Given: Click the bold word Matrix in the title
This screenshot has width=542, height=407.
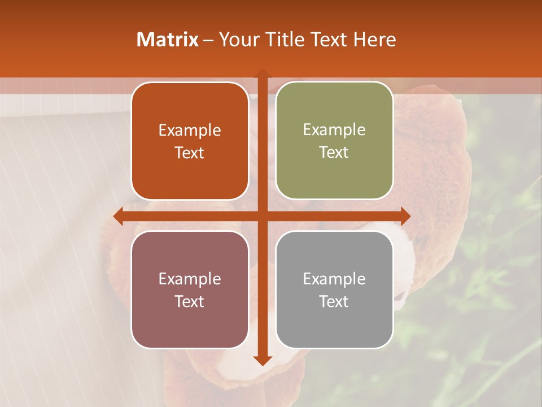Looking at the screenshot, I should pyautogui.click(x=167, y=40).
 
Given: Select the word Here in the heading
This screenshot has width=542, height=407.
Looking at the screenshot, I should pyautogui.click(x=375, y=40).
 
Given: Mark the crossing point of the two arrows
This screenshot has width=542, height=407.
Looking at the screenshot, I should pyautogui.click(x=262, y=216).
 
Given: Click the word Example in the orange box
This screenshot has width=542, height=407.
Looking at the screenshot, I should pyautogui.click(x=190, y=131).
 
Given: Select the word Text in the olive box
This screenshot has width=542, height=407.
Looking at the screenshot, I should pyautogui.click(x=334, y=153).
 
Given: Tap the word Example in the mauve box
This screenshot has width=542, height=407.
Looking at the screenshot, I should pyautogui.click(x=190, y=279).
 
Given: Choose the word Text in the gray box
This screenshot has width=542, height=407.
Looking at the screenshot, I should pyautogui.click(x=334, y=302).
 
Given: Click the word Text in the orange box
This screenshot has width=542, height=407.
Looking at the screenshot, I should pyautogui.click(x=190, y=153).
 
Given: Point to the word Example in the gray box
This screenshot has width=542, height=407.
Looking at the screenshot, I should pyautogui.click(x=334, y=279).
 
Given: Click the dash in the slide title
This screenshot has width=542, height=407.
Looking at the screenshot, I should pyautogui.click(x=208, y=40).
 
